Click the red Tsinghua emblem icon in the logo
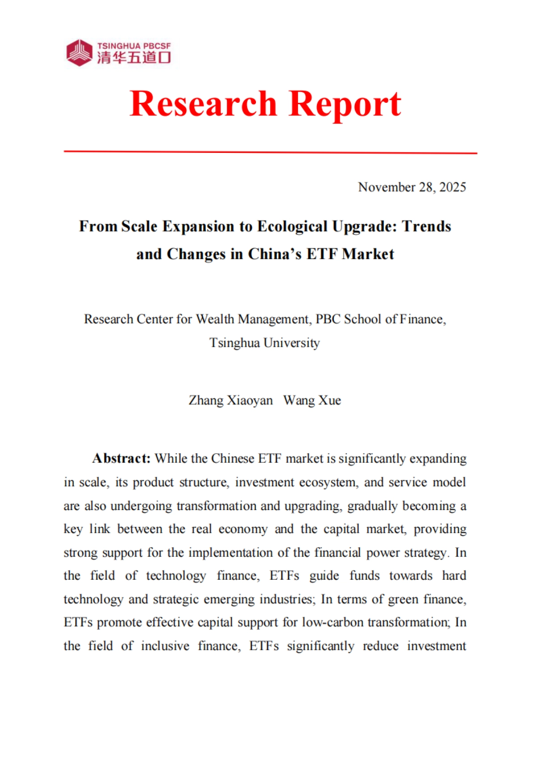tap(79, 53)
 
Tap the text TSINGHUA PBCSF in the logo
tap(134, 46)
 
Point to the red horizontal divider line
tap(270, 152)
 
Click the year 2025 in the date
tap(452, 187)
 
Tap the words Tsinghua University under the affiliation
tap(264, 343)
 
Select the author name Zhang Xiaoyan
tap(230, 400)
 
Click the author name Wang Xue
tap(312, 400)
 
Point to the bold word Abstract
tap(121, 459)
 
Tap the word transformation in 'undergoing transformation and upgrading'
tap(217, 506)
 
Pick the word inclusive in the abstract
tap(165, 646)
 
